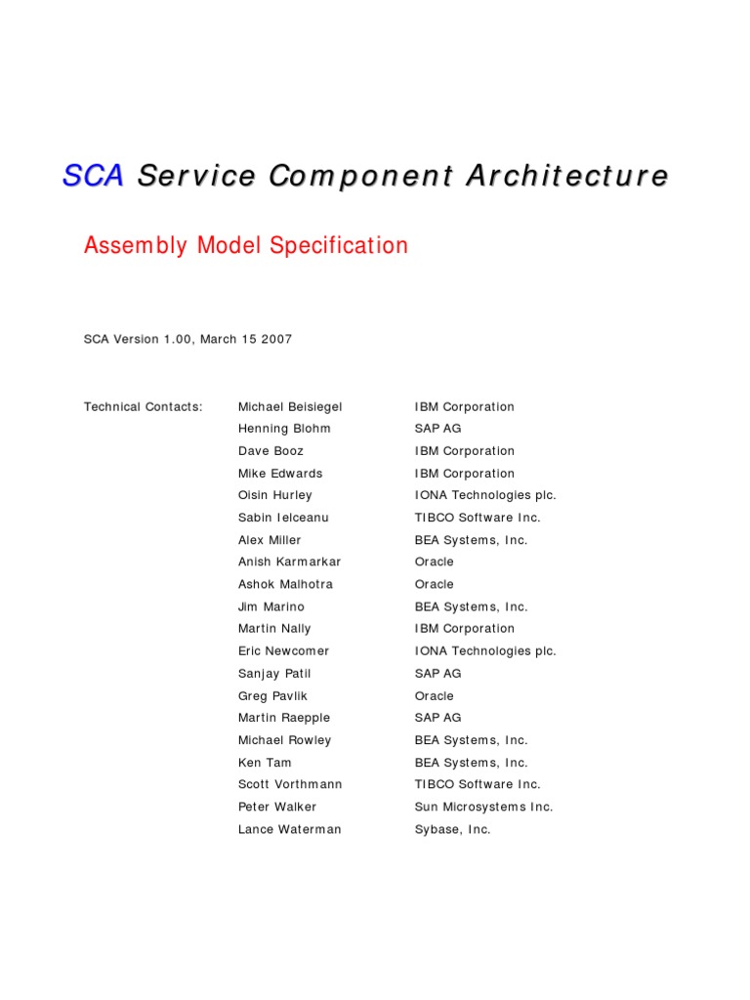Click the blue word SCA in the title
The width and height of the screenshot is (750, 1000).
[93, 177]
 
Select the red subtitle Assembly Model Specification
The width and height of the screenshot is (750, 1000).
[246, 246]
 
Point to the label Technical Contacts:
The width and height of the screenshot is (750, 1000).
[144, 407]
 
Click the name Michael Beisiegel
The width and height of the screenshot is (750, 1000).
[290, 407]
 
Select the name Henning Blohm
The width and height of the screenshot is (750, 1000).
[284, 429]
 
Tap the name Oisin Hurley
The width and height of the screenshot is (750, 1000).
[275, 496]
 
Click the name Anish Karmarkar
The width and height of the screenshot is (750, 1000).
[290, 562]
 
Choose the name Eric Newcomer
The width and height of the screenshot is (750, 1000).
[284, 651]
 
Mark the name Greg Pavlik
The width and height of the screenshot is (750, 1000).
[272, 696]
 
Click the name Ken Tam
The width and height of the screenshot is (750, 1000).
[265, 763]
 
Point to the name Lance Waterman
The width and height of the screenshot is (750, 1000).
[290, 830]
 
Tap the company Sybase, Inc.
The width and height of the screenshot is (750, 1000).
[452, 830]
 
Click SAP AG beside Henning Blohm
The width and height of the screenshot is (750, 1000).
[437, 429]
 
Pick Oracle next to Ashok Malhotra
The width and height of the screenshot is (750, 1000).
[435, 585]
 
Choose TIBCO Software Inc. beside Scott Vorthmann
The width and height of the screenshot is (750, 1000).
[478, 785]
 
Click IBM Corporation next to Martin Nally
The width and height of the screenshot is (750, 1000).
[464, 629]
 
